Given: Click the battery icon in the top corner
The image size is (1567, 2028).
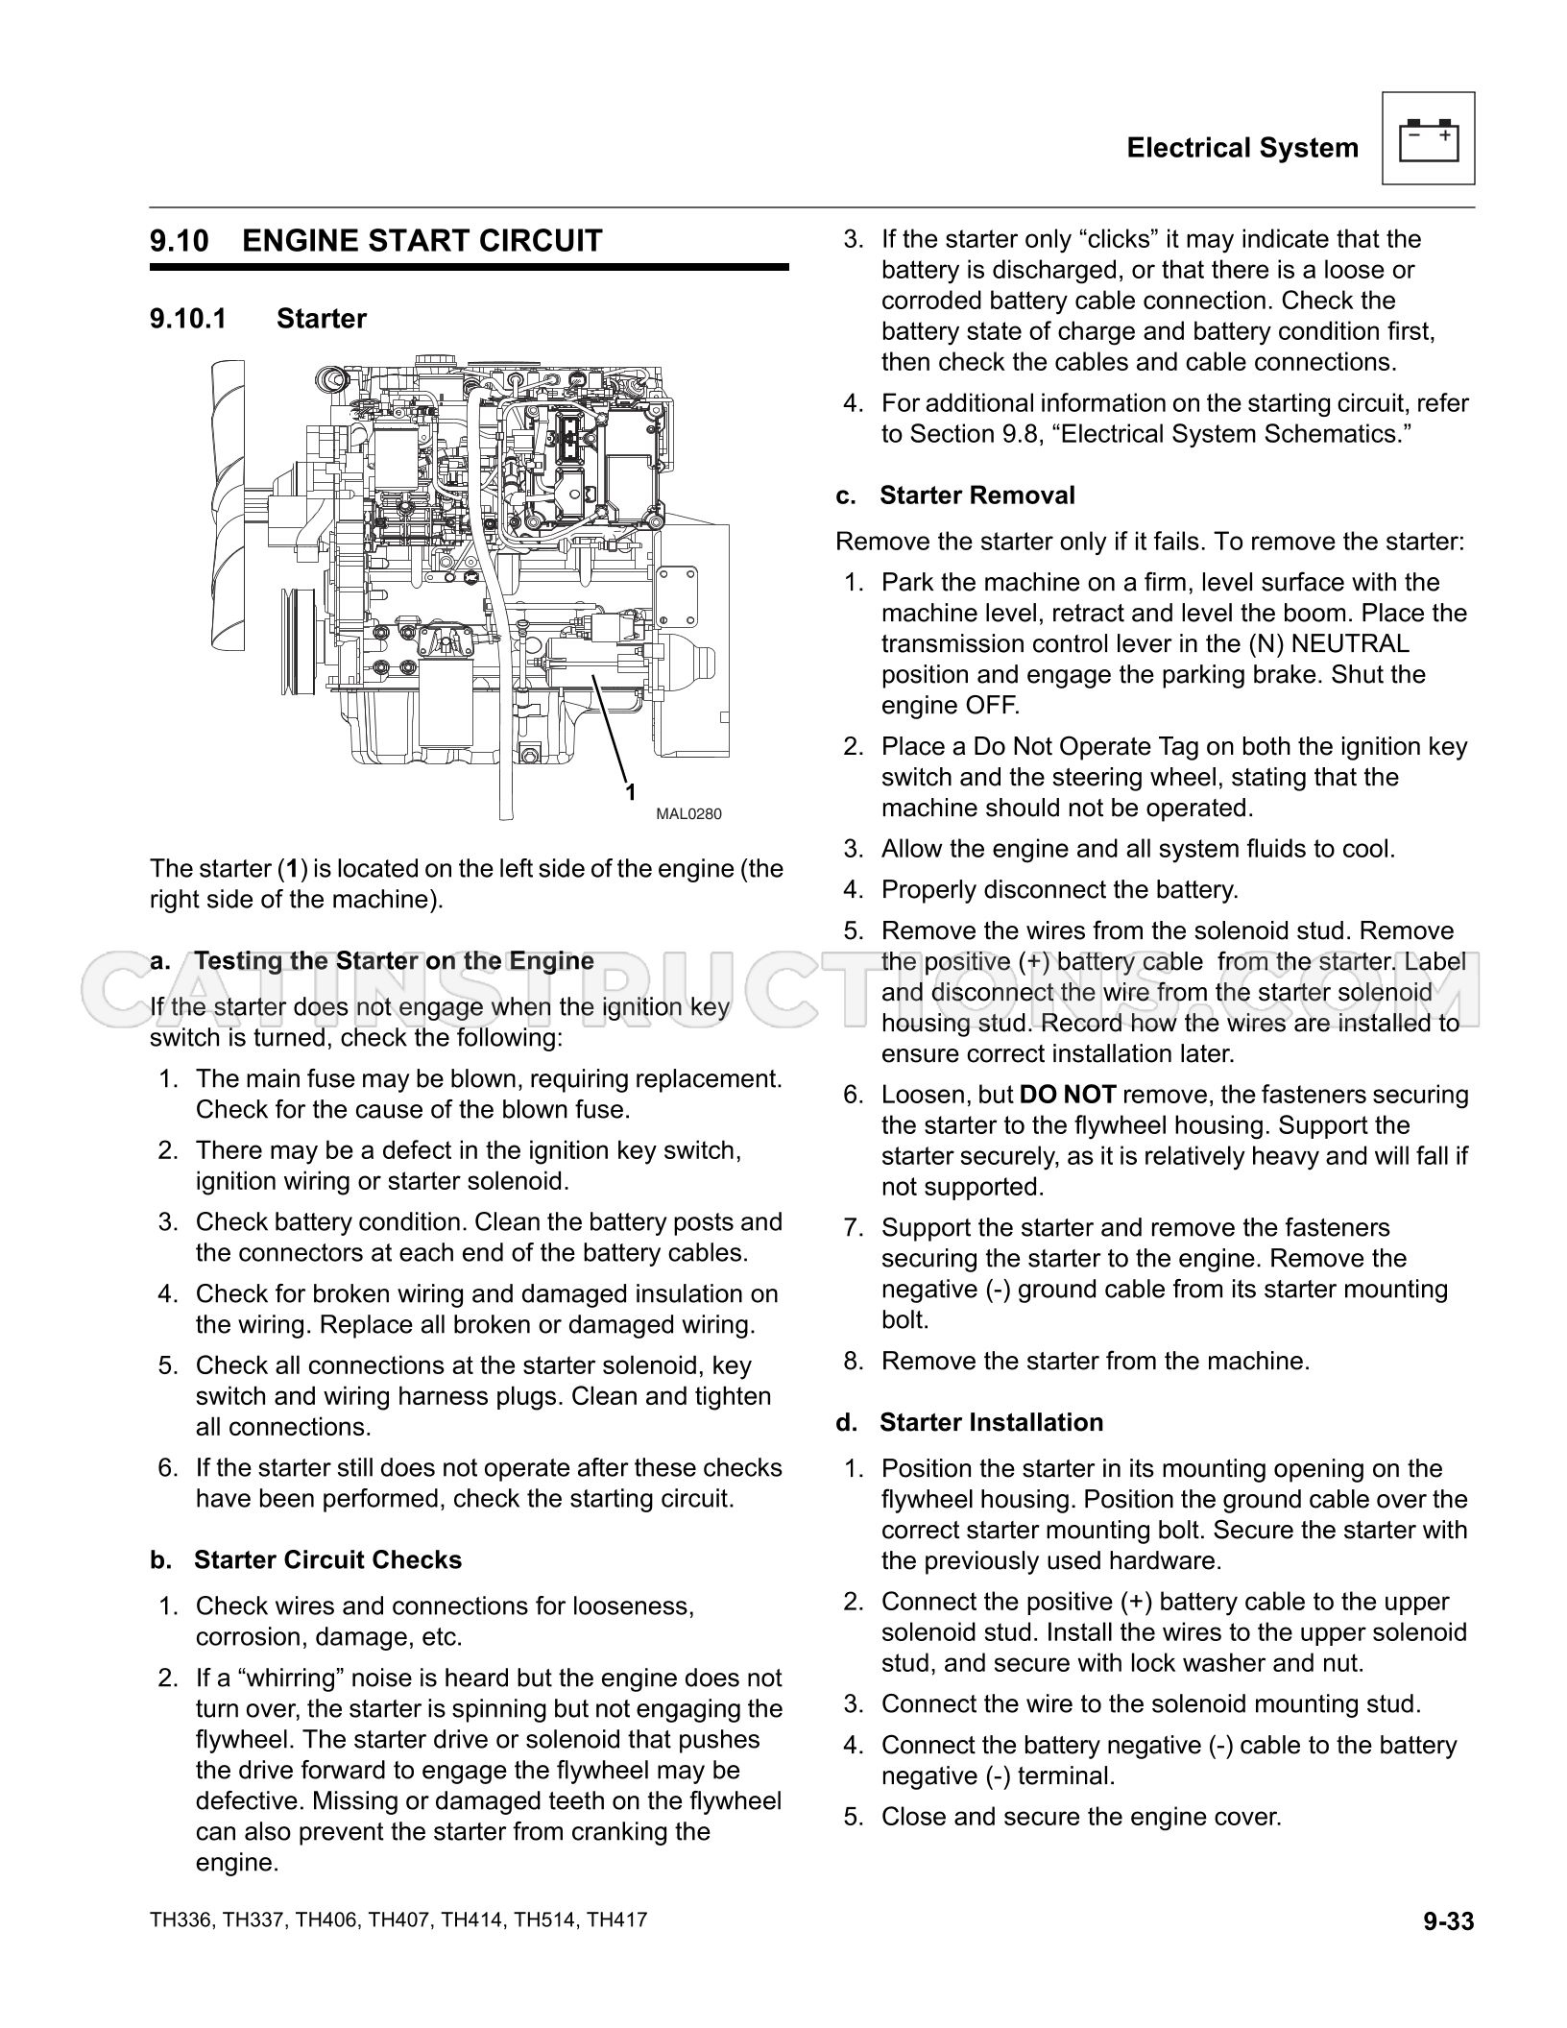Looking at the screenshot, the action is coord(1428,139).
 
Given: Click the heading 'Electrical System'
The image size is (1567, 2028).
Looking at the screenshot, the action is coord(1242,148).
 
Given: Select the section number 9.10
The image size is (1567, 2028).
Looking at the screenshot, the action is coord(180,240).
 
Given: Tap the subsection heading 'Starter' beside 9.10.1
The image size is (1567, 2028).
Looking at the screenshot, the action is coord(321,319).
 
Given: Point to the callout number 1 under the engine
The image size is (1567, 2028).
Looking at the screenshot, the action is coord(631,792).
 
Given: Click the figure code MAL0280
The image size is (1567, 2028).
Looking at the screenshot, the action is coord(688,814).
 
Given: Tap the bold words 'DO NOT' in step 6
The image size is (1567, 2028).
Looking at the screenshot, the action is coord(1067,1095).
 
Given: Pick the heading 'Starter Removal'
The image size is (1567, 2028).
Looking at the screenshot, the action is coord(977,495).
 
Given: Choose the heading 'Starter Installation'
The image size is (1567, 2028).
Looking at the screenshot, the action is coord(991,1422).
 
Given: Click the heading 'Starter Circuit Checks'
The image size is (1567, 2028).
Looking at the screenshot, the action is coord(327,1559).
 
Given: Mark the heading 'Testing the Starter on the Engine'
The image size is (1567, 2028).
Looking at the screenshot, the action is coord(394,960).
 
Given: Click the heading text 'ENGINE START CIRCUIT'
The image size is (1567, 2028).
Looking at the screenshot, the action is coord(422,240).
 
